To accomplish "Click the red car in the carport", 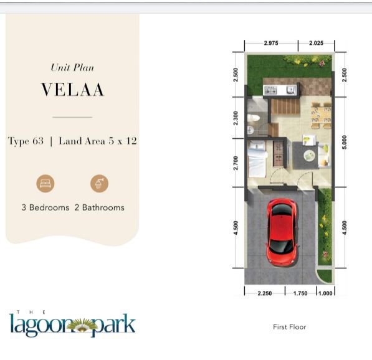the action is [x=282, y=232].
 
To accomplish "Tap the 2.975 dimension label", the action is [x=271, y=43].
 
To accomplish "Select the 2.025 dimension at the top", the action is [x=316, y=43].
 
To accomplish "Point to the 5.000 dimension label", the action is [x=345, y=142].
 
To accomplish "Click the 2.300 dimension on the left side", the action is [x=236, y=118].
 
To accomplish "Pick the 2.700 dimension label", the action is [x=236, y=163].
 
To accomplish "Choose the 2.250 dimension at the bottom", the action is [x=265, y=293].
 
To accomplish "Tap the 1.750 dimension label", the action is [x=300, y=293].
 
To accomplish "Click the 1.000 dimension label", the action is [x=325, y=293].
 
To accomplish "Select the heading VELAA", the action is [x=73, y=90].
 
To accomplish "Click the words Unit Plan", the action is [x=72, y=68].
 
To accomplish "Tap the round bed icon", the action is [x=45, y=184].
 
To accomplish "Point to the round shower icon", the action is [x=100, y=184].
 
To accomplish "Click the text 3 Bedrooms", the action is [x=45, y=207].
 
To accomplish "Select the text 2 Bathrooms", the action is [x=100, y=207].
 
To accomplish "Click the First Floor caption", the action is [x=290, y=327].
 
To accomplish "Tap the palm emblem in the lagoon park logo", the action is [x=82, y=326].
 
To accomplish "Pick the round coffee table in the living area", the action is [x=309, y=156].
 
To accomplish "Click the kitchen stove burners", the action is [x=270, y=90].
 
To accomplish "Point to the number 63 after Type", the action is [x=38, y=141].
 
